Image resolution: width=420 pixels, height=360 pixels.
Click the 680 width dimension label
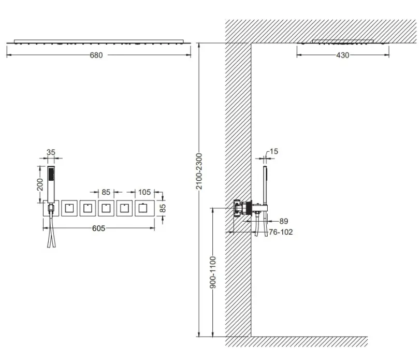pyautogui.click(x=96, y=55)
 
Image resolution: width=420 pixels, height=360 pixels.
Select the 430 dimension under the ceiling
pyautogui.click(x=343, y=55)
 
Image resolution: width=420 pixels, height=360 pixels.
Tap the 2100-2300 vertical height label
pyautogui.click(x=199, y=171)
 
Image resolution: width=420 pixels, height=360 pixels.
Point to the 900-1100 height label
pyautogui.click(x=213, y=272)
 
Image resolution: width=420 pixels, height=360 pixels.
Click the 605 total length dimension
pyautogui.click(x=98, y=228)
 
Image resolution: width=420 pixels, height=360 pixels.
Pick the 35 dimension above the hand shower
pyautogui.click(x=51, y=152)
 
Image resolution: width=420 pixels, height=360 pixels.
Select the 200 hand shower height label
pyautogui.click(x=40, y=184)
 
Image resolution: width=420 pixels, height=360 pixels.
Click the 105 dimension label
pyautogui.click(x=144, y=192)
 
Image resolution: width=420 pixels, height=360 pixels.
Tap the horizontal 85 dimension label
pyautogui.click(x=106, y=192)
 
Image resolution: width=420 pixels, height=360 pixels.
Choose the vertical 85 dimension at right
pyautogui.click(x=163, y=208)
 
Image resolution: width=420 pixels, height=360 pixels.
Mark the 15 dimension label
pyautogui.click(x=274, y=151)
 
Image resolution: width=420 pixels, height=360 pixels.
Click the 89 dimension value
pyautogui.click(x=284, y=221)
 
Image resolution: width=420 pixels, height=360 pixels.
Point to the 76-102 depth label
pyautogui.click(x=281, y=232)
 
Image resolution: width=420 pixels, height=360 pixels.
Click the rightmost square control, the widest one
pyautogui.click(x=144, y=208)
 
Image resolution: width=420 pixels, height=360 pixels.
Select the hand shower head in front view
pyautogui.click(x=51, y=184)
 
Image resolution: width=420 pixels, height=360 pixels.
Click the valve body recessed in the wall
pyautogui.click(x=242, y=208)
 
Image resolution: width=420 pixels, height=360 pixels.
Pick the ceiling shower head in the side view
pyautogui.click(x=343, y=41)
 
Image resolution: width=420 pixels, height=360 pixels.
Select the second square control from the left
pyautogui.click(x=69, y=208)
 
